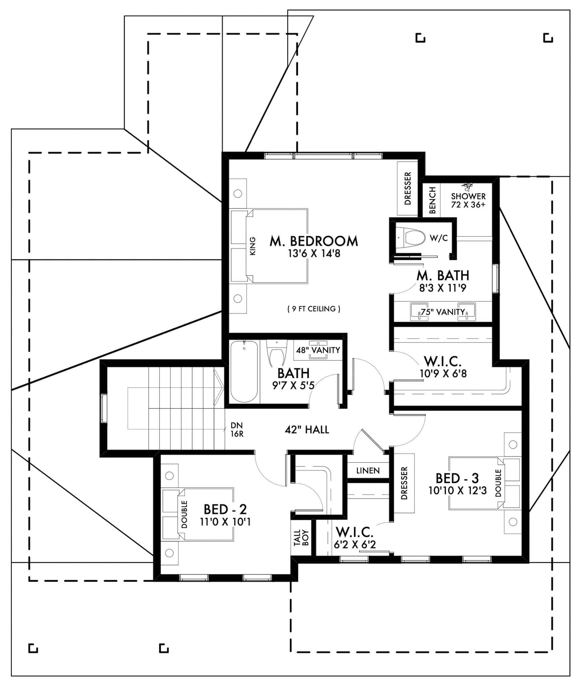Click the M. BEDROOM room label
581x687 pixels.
(x=313, y=241)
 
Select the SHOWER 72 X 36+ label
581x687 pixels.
(x=468, y=200)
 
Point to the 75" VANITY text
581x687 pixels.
(x=443, y=312)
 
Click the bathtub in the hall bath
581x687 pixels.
(x=244, y=371)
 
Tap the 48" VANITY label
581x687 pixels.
(x=318, y=350)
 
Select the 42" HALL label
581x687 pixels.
(x=307, y=429)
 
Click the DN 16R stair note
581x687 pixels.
(x=237, y=430)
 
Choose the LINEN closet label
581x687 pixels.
(x=368, y=471)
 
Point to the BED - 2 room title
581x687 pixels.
(x=225, y=509)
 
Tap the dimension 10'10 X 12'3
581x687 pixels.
(x=457, y=490)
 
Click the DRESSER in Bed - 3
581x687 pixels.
(x=404, y=483)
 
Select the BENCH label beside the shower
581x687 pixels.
(x=432, y=200)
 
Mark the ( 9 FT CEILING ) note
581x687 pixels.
(x=314, y=309)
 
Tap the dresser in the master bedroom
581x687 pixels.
(x=407, y=188)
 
